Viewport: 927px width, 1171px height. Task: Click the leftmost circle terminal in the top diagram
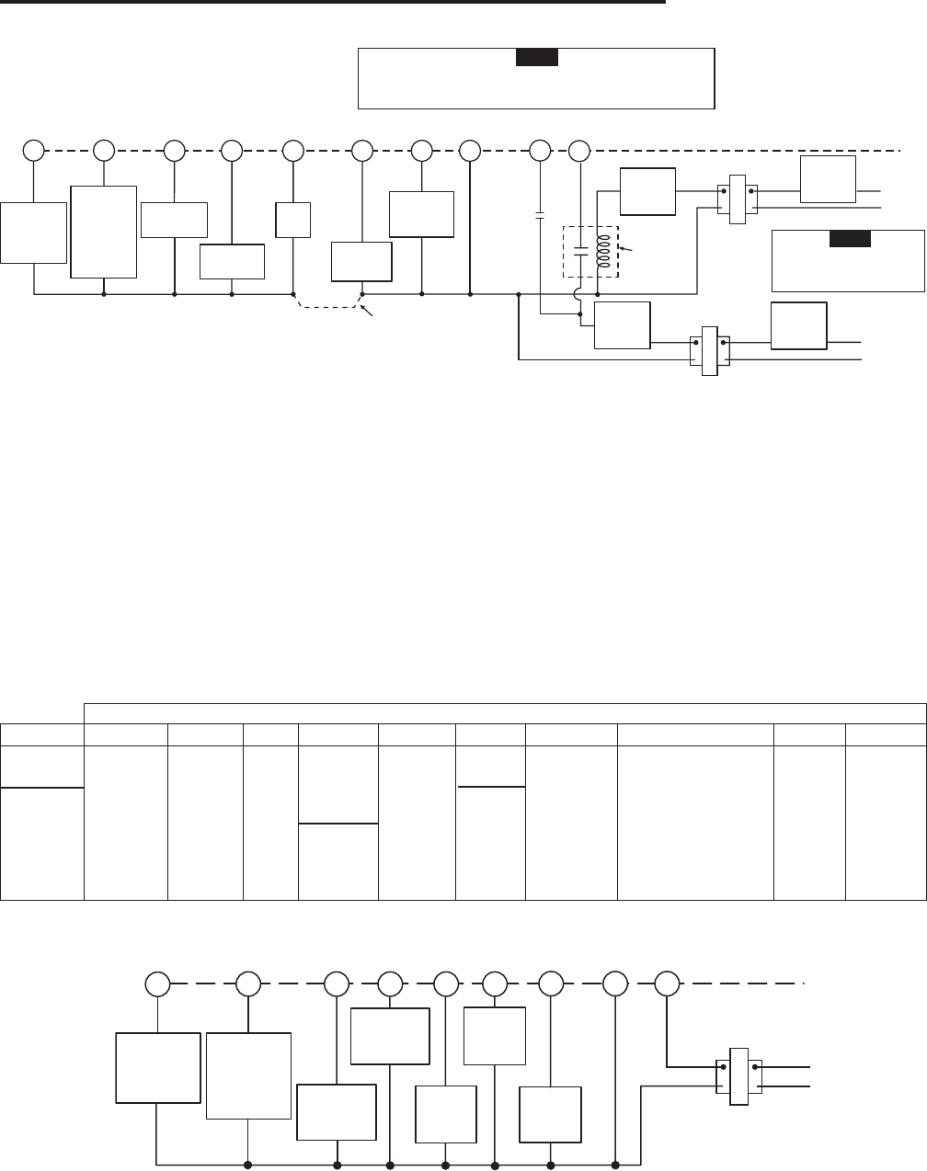pos(33,149)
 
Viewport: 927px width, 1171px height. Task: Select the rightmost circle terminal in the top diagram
pos(579,149)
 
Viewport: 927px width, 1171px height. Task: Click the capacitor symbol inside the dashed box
pos(580,250)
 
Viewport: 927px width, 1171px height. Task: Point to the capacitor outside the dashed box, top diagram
pos(540,216)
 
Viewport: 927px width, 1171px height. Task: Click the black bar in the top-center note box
pos(536,58)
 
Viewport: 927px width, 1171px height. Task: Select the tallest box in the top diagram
pos(103,232)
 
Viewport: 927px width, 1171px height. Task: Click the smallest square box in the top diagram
pos(292,220)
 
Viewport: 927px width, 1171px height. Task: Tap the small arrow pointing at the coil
pos(625,248)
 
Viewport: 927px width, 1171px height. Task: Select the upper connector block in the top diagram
pos(738,199)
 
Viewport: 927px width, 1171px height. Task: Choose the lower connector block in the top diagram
pos(709,349)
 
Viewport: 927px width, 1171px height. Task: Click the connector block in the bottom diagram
pos(738,1075)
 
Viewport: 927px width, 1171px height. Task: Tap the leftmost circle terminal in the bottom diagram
pos(159,983)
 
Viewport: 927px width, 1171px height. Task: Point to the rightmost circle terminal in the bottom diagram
pos(668,983)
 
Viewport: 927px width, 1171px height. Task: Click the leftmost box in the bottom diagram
pos(157,1067)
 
